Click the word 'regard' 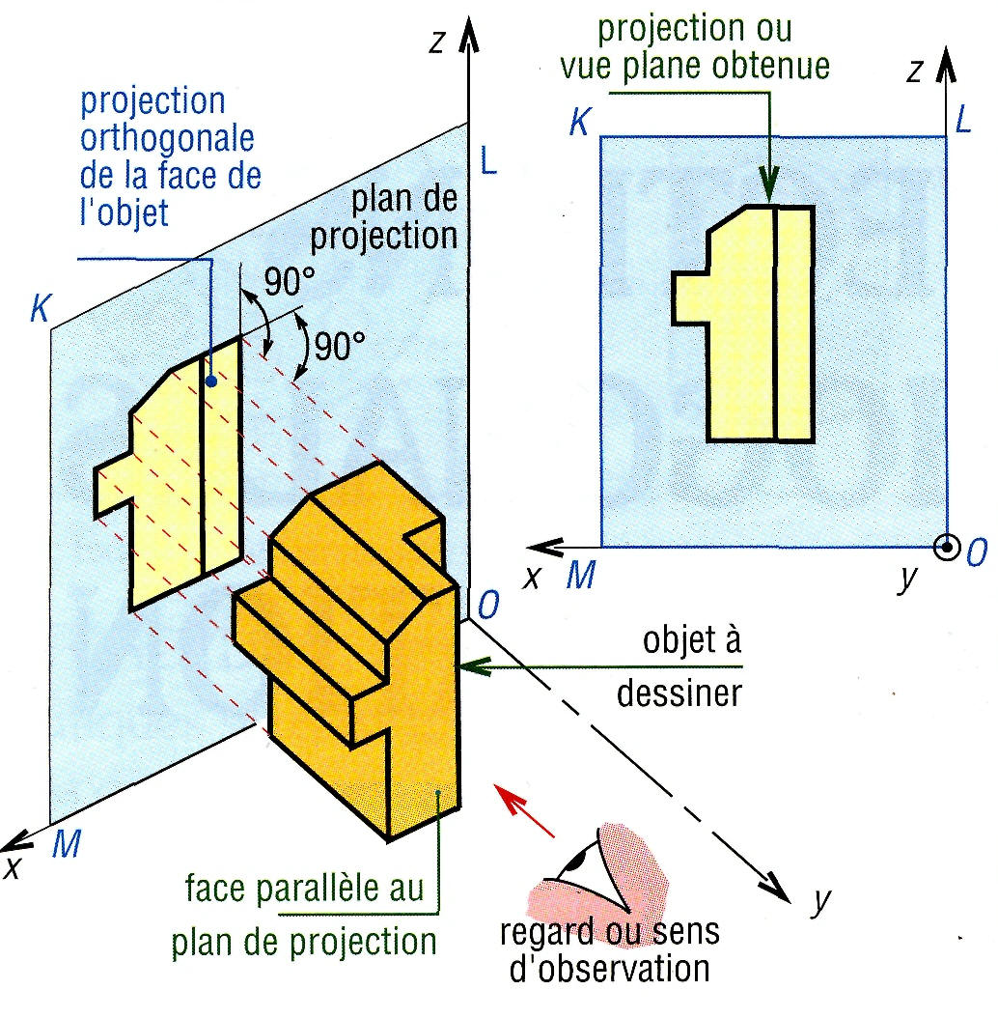click(544, 935)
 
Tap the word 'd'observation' click(608, 969)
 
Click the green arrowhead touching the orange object click(471, 665)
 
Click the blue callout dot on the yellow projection click(209, 382)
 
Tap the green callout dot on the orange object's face click(439, 794)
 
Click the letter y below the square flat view click(904, 580)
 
